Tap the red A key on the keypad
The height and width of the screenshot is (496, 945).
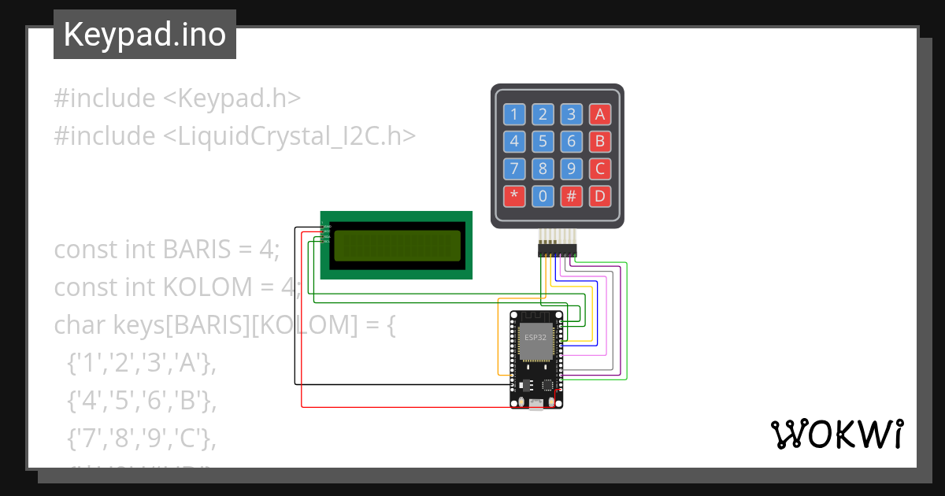click(x=600, y=114)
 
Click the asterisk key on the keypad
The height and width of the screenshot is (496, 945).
click(x=514, y=195)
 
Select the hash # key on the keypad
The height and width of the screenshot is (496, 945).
click(x=572, y=195)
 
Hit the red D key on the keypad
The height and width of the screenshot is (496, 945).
click(x=600, y=195)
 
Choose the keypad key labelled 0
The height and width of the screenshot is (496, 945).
click(x=543, y=195)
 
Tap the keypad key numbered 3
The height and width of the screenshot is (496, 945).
click(x=572, y=114)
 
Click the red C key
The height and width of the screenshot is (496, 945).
click(x=600, y=168)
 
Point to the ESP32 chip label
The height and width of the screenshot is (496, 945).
click(x=536, y=336)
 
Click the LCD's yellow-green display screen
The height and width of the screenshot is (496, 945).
click(x=397, y=246)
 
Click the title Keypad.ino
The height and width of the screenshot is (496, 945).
click(x=145, y=35)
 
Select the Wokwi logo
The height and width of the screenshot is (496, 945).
click(x=836, y=434)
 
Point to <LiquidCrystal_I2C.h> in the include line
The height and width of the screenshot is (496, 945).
click(x=289, y=136)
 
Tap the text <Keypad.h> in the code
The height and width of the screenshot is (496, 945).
click(x=232, y=98)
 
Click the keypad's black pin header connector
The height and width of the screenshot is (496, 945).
click(x=557, y=250)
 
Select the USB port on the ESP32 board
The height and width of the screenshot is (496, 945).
click(x=536, y=403)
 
